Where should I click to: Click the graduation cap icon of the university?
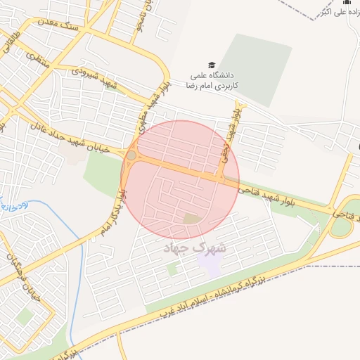click(212, 63)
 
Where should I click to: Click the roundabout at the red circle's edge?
click(131, 155)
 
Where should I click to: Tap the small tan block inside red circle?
click(191, 219)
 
